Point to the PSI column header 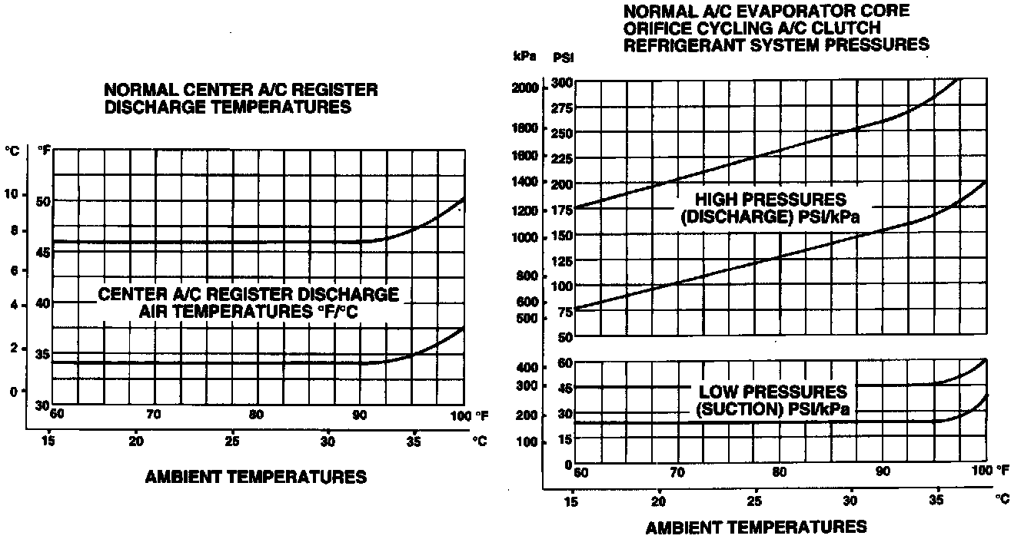pos(563,57)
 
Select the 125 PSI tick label pos(563,262)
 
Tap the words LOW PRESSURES pos(773,392)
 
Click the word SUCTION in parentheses pos(740,409)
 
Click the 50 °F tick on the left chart pos(43,201)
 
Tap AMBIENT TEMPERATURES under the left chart pos(256,477)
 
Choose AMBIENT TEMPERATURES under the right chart pos(757,527)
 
